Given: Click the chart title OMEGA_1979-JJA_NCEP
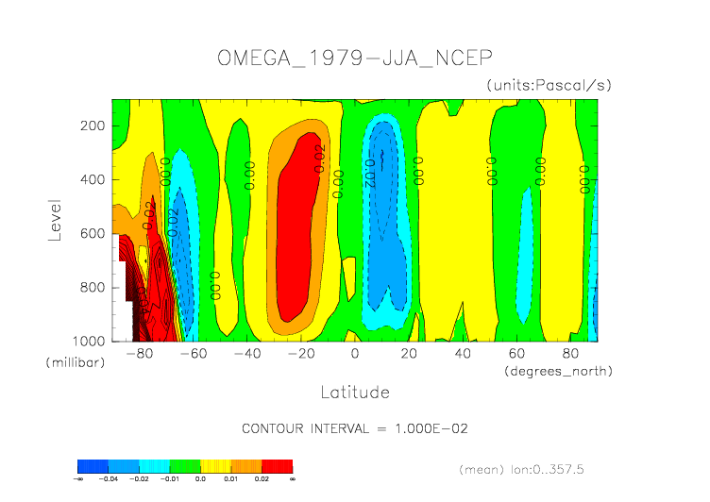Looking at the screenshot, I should pos(354,58).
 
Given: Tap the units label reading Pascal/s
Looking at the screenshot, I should pos(549,85).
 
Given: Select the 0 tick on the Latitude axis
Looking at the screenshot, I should pos(355,354).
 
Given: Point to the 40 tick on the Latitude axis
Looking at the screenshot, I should pos(463,354).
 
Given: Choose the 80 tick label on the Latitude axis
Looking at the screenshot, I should pos(570,354).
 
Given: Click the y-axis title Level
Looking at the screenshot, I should pos(55,219).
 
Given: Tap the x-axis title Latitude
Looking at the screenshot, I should pos(354,391).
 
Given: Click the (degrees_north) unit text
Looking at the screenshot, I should pos(559,371).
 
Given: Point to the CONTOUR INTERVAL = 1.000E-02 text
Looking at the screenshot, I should pos(355,428).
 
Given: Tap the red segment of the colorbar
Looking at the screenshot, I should pos(278,466).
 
